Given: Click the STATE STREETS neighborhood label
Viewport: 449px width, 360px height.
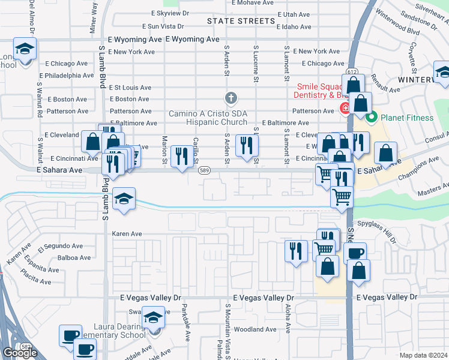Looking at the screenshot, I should click(241, 21).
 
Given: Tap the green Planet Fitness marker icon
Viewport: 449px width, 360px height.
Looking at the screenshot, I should click(371, 118).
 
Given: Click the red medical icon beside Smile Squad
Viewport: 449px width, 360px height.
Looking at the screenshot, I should click(345, 109).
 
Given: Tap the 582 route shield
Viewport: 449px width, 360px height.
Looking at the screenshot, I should click(26, 347).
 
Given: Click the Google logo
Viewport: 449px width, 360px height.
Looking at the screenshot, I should click(20, 353).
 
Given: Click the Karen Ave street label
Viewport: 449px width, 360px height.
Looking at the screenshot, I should click(127, 233).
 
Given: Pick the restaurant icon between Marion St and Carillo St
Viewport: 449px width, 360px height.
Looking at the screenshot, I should click(181, 157).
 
